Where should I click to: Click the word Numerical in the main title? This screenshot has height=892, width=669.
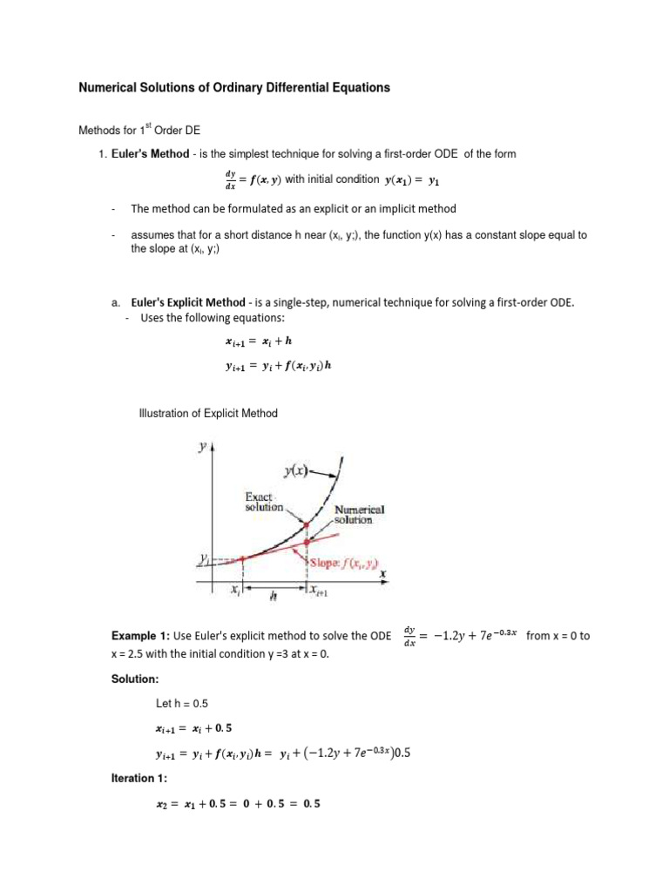tap(110, 88)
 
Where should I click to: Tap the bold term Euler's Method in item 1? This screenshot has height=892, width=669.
tap(148, 154)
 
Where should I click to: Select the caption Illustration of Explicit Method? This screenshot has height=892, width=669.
tap(208, 414)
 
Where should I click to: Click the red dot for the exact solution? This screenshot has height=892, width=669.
tap(307, 524)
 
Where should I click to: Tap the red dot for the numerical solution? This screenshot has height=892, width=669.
tap(307, 542)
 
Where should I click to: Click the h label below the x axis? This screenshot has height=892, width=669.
tap(273, 598)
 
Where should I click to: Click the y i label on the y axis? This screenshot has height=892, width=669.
tap(203, 557)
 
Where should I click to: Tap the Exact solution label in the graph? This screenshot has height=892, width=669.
tap(264, 501)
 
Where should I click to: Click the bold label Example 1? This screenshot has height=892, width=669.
tap(142, 636)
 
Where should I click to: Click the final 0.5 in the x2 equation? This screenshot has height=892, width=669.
tap(311, 804)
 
